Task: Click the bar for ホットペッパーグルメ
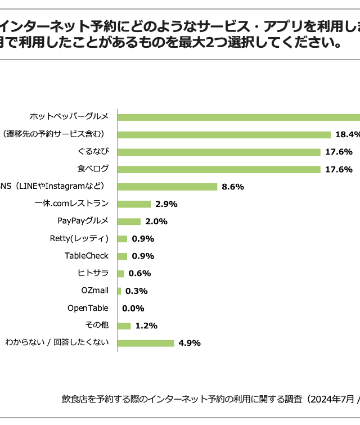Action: [239, 117]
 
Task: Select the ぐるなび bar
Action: [219, 152]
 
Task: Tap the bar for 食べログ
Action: [219, 169]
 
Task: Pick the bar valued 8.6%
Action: [168, 187]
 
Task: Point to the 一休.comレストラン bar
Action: [134, 204]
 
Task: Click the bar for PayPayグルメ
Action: [129, 221]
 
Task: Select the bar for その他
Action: [124, 325]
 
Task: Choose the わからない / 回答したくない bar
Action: [146, 343]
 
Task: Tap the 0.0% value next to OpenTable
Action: [133, 308]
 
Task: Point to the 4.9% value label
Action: [190, 343]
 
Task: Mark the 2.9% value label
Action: [166, 204]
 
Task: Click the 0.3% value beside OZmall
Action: [136, 291]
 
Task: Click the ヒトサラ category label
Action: [93, 274]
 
